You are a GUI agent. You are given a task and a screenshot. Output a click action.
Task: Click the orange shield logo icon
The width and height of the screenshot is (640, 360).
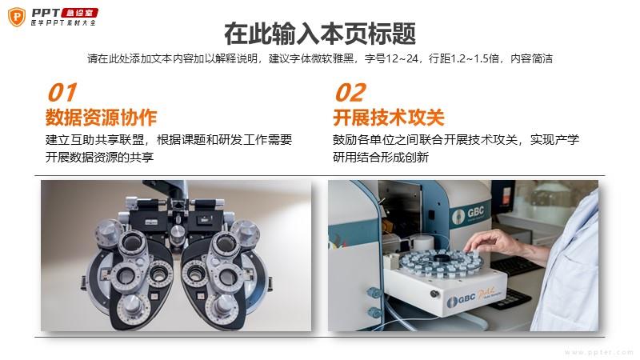[x=17, y=17]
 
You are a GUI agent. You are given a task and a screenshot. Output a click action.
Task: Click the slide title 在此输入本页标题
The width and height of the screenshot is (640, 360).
[x=320, y=34]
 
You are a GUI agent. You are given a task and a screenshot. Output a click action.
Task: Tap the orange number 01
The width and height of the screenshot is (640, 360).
[x=62, y=92]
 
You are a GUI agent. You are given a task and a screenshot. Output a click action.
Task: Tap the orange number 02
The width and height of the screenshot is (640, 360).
[x=350, y=92]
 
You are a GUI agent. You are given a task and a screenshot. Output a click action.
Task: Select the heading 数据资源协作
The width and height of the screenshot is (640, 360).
[x=101, y=118]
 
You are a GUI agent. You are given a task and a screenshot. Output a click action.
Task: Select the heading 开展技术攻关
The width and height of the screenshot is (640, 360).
[x=389, y=118]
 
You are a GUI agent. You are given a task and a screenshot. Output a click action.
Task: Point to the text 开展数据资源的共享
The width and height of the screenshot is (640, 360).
[x=99, y=157]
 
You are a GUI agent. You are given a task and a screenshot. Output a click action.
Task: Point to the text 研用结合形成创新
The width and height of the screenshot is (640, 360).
[x=381, y=157]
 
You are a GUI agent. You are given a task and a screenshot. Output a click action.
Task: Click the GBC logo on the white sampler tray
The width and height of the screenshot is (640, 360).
[x=461, y=300]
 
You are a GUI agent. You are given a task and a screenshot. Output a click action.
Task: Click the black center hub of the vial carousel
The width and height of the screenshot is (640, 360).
[x=442, y=258]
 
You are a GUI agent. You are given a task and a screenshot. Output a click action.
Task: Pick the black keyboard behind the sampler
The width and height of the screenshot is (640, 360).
[x=516, y=265]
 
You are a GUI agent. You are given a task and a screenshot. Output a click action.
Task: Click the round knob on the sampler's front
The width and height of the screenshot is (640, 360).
[x=434, y=294]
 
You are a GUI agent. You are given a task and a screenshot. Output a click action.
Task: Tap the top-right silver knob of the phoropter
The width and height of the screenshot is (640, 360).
[x=245, y=231]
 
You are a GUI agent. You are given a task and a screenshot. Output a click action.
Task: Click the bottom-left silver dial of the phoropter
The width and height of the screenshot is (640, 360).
[x=131, y=306]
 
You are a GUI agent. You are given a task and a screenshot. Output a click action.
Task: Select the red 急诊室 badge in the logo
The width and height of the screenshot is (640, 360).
[x=79, y=13]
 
